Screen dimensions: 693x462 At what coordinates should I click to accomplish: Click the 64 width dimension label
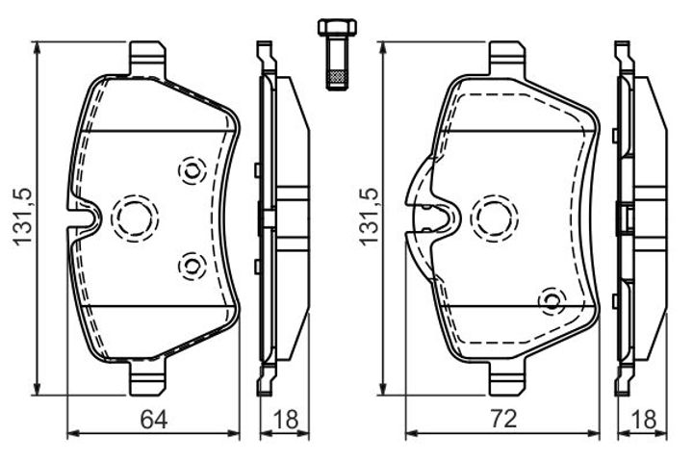(x=154, y=419)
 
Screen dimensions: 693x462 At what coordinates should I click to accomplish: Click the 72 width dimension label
(x=503, y=419)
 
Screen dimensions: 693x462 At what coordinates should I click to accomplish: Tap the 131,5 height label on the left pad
(x=22, y=217)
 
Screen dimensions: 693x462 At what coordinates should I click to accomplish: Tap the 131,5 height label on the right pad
(x=369, y=217)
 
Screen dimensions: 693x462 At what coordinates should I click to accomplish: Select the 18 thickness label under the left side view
(x=286, y=419)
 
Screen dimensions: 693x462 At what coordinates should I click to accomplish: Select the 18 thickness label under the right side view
(x=644, y=419)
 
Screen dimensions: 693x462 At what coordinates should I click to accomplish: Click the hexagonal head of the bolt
(x=337, y=27)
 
